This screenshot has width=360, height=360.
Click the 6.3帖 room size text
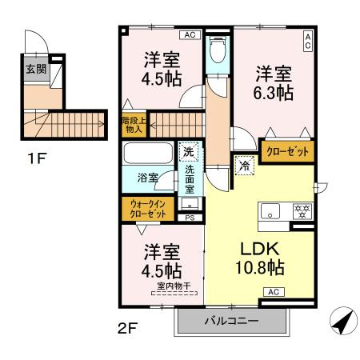tap(274, 93)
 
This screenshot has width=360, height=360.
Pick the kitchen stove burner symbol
tap(302, 212)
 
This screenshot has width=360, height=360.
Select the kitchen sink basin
tap(270, 212)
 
